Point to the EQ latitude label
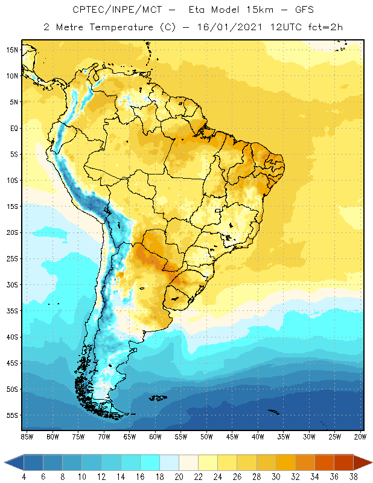pos(14,128)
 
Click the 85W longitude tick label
pos(27,436)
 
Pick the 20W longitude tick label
pos(360,436)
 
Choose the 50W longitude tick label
pos(206,436)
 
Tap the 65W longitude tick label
pos(129,436)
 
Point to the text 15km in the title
pos(246,10)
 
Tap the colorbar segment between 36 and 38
pos(344,462)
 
